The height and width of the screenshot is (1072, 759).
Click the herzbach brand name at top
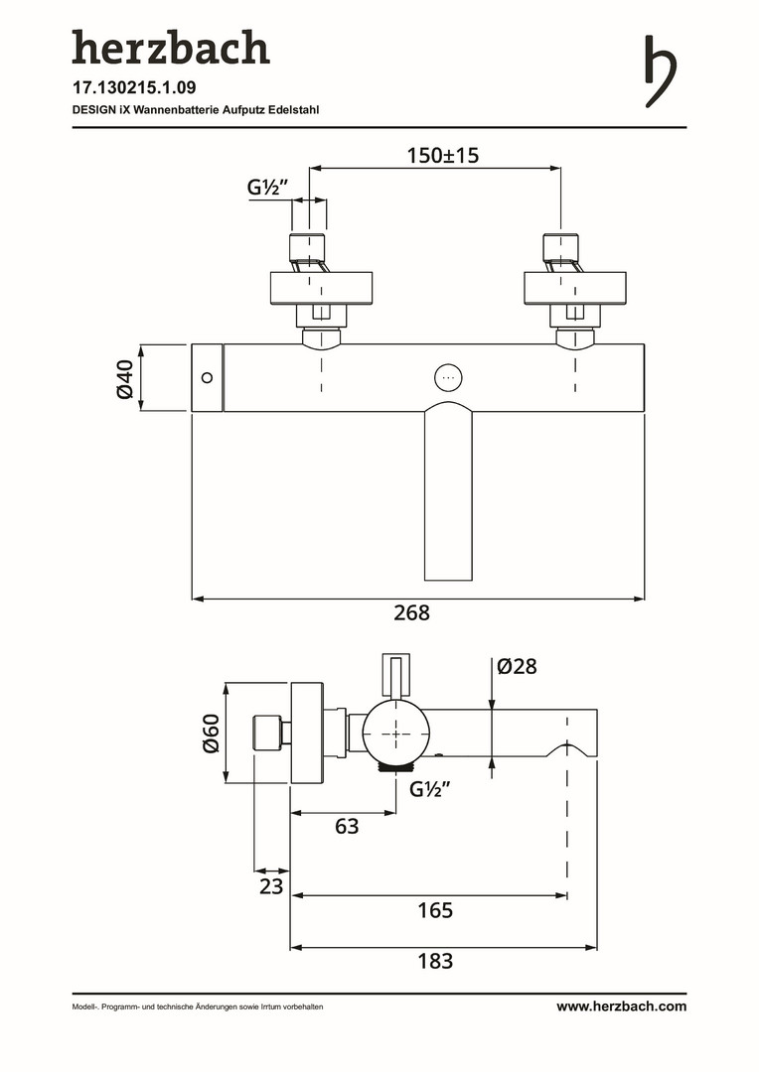click(170, 48)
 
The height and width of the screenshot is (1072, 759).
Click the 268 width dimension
click(411, 613)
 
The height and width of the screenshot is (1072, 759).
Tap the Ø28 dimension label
click(517, 667)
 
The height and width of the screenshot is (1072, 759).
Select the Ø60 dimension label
click(211, 734)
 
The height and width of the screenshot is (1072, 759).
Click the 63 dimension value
click(346, 826)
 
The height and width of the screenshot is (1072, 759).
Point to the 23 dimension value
click(271, 886)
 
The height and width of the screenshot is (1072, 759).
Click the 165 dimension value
click(435, 910)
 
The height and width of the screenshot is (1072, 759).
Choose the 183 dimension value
click(435, 961)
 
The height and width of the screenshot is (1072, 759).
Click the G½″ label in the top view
click(267, 187)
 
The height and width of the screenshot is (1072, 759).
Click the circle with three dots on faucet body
click(448, 378)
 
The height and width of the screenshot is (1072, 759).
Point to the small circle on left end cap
click(207, 377)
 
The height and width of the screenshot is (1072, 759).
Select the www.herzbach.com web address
click(621, 1006)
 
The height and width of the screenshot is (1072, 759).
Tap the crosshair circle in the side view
click(396, 734)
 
